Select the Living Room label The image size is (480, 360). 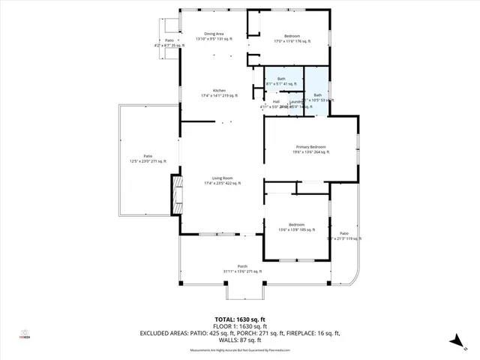tap(222, 180)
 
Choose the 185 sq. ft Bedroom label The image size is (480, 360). tap(297, 226)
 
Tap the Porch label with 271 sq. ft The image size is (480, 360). tap(242, 268)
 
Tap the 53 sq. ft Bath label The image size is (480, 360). tap(317, 97)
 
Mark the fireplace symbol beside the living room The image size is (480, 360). tap(178, 190)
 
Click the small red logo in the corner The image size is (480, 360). tap(24, 335)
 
